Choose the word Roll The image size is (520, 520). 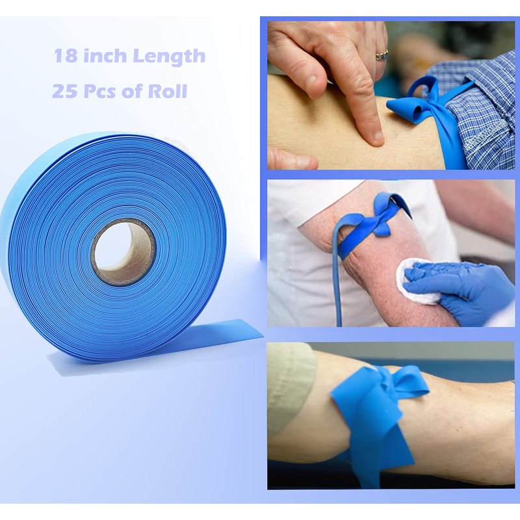coord(168,91)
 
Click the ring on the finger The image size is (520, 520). coord(382,55)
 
